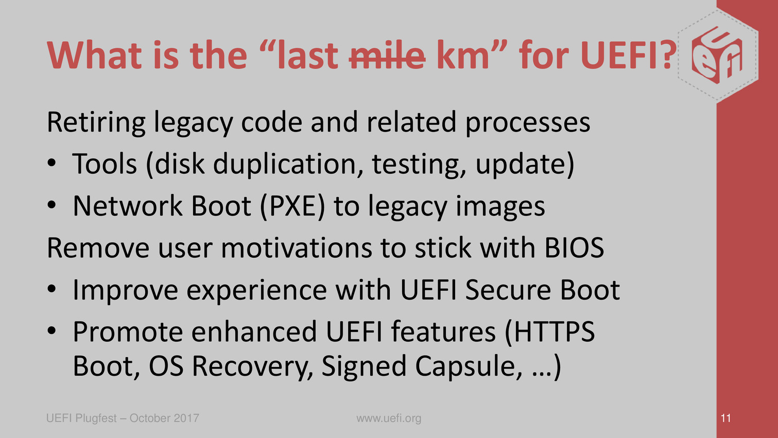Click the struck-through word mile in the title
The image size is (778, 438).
(x=387, y=55)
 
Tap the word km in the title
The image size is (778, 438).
(x=463, y=55)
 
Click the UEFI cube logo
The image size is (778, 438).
(x=717, y=55)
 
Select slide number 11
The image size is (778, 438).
(x=725, y=418)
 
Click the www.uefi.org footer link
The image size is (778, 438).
(x=389, y=418)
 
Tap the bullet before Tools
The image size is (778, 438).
(x=51, y=163)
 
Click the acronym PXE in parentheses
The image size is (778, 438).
(x=292, y=206)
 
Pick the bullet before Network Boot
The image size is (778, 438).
(x=51, y=205)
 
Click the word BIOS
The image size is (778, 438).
(x=574, y=248)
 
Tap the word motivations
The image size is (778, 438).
(x=296, y=248)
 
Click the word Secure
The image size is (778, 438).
(x=508, y=290)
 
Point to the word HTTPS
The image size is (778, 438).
(x=555, y=332)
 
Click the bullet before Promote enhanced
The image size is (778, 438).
(x=51, y=331)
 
